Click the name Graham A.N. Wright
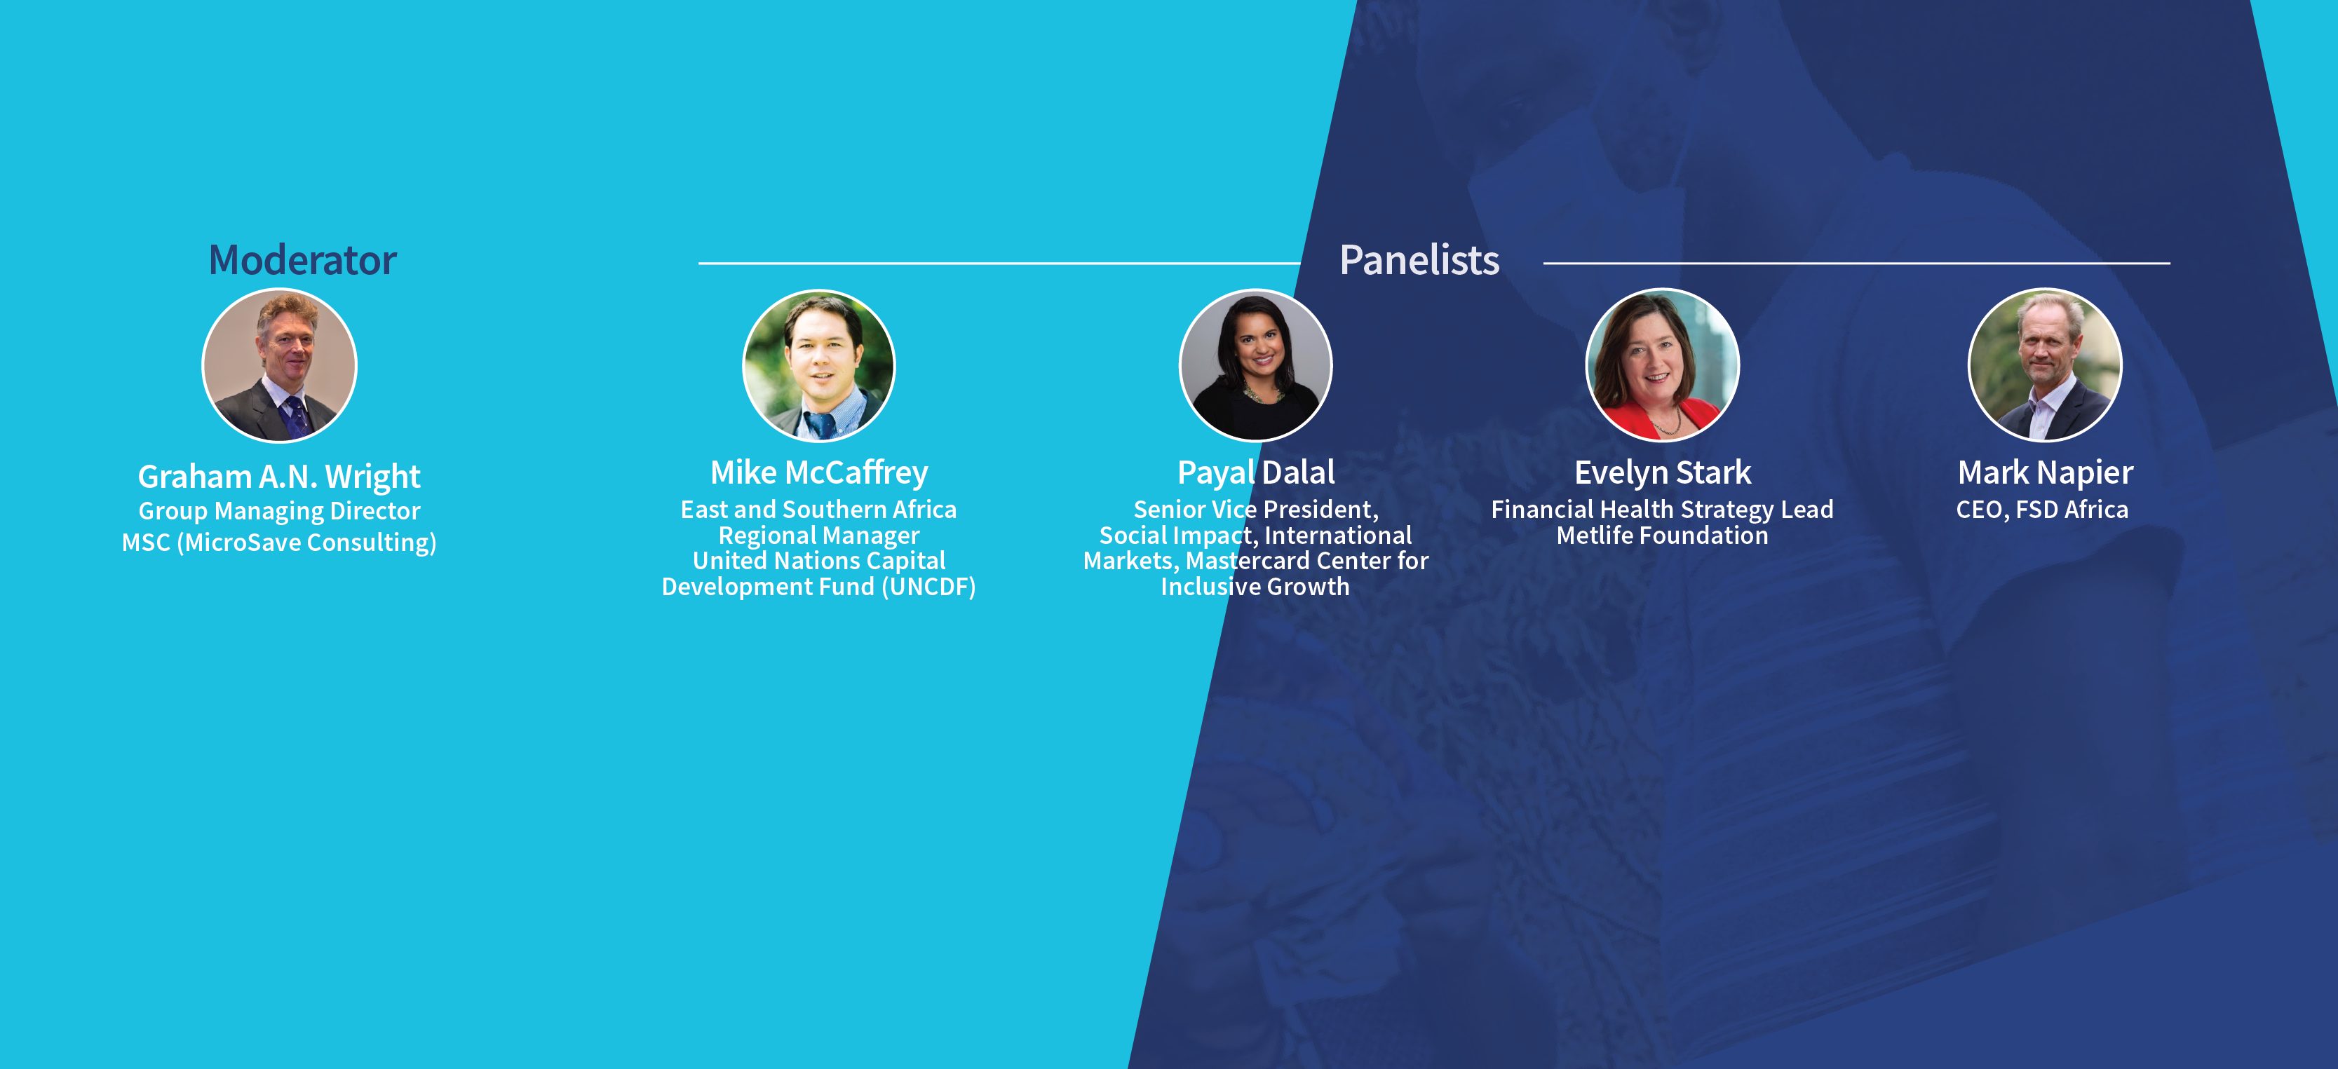tap(278, 477)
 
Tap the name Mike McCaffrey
tap(818, 472)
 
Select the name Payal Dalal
tap(1255, 472)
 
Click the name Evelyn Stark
tap(1662, 472)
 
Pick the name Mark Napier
tap(2045, 472)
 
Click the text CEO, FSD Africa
tap(2042, 510)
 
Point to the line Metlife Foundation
tap(1662, 536)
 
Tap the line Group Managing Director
tap(278, 511)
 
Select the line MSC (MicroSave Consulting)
tap(278, 543)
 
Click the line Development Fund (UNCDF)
tap(818, 587)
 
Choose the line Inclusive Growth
tap(1255, 587)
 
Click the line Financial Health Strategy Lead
tap(1662, 510)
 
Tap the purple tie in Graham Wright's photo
tap(296, 415)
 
